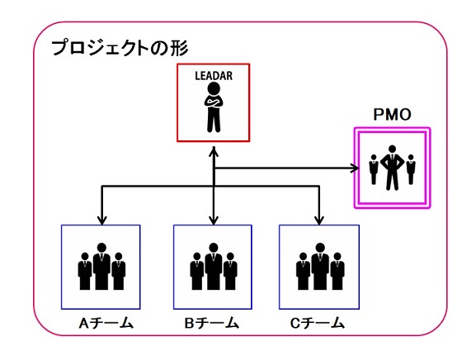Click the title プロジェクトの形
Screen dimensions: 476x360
(120, 48)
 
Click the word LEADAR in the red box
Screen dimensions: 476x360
(214, 76)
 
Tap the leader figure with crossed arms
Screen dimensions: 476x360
(214, 107)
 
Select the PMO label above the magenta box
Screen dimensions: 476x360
(392, 115)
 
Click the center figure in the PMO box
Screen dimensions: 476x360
(392, 168)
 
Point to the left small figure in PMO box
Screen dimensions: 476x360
(374, 169)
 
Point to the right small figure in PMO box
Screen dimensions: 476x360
(411, 169)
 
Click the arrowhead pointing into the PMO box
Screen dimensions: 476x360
(356, 168)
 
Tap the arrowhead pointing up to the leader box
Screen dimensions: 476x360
(214, 151)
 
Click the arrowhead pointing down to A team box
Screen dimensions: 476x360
(102, 220)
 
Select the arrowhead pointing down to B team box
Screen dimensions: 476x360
(214, 220)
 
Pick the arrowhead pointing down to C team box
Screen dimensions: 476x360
(318, 220)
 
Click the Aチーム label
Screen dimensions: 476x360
(106, 323)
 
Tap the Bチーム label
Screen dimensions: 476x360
(211, 323)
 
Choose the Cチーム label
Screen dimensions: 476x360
(317, 323)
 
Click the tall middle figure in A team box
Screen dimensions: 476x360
(101, 267)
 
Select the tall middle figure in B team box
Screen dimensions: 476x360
(214, 267)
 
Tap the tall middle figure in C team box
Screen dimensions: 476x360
(319, 267)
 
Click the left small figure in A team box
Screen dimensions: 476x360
(85, 272)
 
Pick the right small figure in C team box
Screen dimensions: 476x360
(337, 272)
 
